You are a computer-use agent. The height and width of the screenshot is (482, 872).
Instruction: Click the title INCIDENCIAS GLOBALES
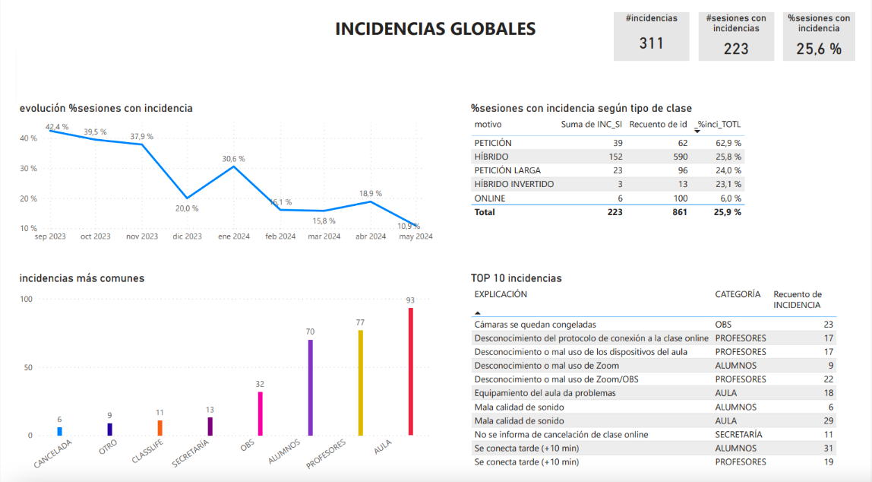(x=435, y=29)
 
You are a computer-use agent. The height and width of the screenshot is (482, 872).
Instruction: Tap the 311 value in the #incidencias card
(x=651, y=43)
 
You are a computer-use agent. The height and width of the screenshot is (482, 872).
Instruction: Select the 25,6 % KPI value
(x=818, y=49)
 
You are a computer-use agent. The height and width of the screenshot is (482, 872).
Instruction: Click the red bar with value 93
(x=410, y=372)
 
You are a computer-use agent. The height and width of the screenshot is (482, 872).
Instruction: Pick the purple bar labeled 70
(x=310, y=388)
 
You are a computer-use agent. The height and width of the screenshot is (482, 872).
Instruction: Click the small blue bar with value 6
(x=59, y=431)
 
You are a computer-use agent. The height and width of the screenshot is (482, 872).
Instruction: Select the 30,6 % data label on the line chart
(x=233, y=158)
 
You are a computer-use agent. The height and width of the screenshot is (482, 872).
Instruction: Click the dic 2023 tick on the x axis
(x=187, y=236)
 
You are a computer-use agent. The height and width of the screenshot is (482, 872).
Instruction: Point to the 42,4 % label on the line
(x=57, y=126)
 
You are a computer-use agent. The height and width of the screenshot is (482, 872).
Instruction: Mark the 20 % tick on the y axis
(x=28, y=198)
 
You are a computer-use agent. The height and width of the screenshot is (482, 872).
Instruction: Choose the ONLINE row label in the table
(x=489, y=198)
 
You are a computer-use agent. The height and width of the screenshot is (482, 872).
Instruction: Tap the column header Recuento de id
(x=658, y=124)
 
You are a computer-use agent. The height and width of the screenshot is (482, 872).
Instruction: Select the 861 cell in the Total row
(x=678, y=212)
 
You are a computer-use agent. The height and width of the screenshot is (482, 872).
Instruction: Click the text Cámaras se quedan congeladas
(x=535, y=324)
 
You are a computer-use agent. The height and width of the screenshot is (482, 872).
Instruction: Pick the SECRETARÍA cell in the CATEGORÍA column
(x=738, y=434)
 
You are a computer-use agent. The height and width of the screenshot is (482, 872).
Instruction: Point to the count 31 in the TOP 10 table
(x=828, y=448)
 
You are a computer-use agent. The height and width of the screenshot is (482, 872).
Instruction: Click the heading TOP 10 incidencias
(x=516, y=278)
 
